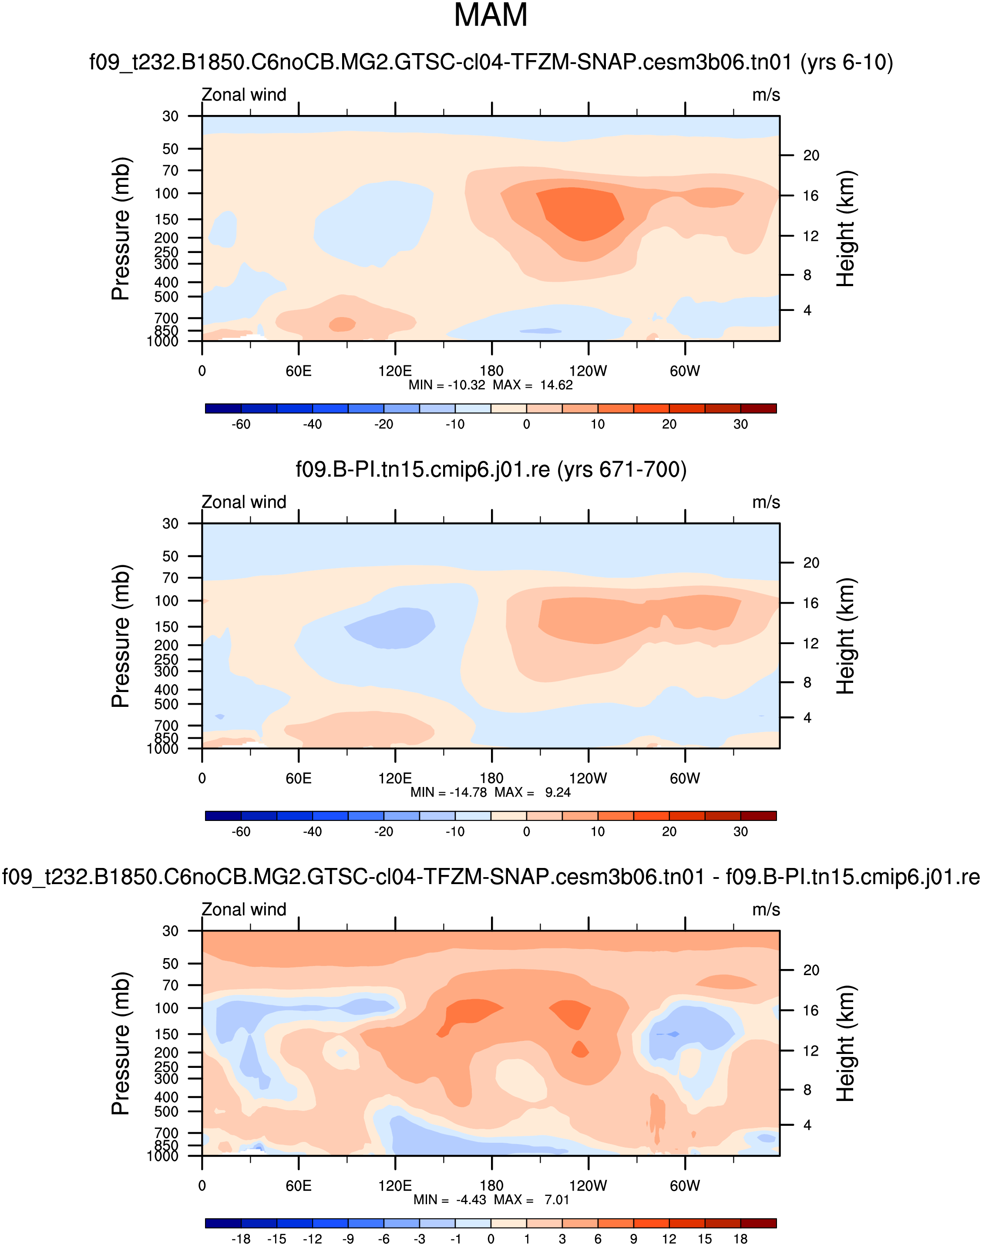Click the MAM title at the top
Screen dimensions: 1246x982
click(491, 16)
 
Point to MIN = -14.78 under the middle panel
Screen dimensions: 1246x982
click(448, 792)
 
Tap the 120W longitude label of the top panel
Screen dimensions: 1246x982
click(588, 371)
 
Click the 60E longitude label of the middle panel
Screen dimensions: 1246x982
click(299, 778)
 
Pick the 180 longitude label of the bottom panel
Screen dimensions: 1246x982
click(491, 1185)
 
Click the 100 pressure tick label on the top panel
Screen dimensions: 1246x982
click(167, 194)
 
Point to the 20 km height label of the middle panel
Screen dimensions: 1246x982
click(810, 563)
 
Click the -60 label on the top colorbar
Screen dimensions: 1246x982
click(241, 425)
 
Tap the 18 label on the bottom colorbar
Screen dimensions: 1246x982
click(740, 1239)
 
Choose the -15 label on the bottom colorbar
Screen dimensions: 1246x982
click(276, 1239)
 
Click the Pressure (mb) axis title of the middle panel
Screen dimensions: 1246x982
click(121, 636)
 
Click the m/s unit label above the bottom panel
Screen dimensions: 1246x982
click(766, 909)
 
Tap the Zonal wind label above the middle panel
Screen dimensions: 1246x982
click(244, 502)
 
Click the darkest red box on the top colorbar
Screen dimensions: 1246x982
click(758, 409)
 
